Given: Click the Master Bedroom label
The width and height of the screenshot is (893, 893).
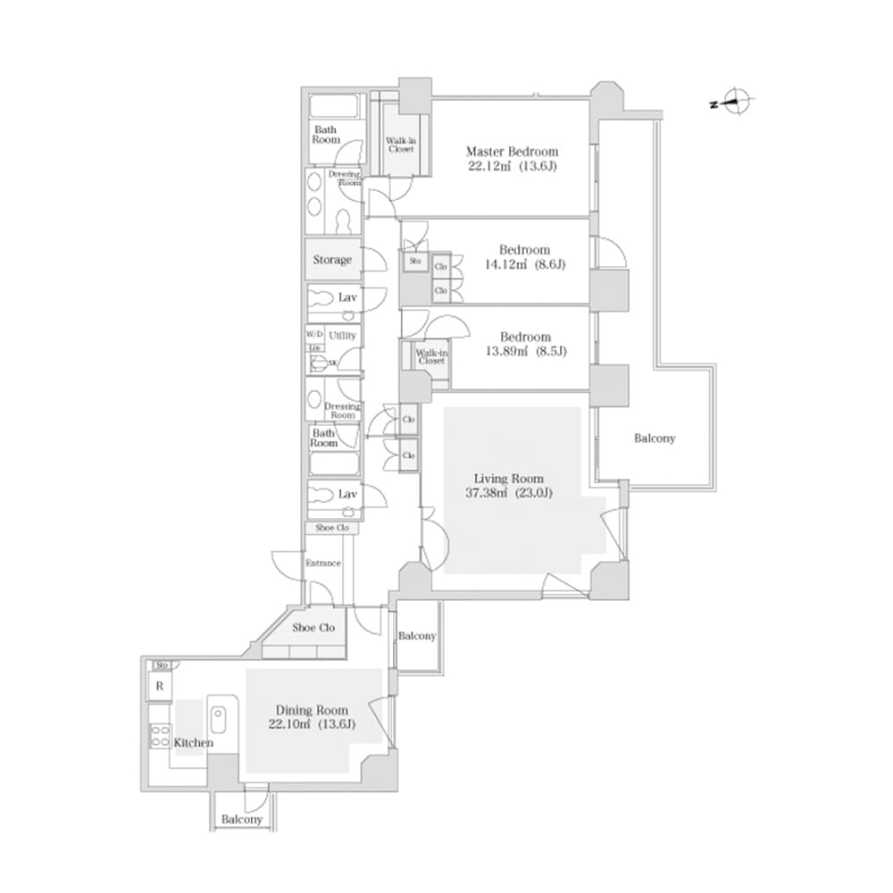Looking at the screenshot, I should [512, 151].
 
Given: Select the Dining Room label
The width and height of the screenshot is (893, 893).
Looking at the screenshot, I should [312, 710].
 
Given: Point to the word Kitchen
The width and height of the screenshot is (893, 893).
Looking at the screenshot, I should [195, 742].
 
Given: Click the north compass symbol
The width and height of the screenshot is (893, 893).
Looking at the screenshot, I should [738, 103].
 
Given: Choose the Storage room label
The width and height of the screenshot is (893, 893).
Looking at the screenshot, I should [331, 260].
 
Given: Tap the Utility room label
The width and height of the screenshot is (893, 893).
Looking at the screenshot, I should [342, 335].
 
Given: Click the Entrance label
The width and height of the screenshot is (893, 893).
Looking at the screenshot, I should [323, 563].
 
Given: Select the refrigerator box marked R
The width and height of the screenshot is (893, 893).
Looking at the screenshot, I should [159, 687].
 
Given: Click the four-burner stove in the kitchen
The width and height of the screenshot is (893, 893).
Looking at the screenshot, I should [160, 737].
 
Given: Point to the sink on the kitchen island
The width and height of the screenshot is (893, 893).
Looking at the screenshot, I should [219, 717].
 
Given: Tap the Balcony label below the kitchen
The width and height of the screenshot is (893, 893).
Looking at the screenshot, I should [242, 819].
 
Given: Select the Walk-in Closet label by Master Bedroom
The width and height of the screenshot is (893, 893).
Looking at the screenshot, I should [399, 145].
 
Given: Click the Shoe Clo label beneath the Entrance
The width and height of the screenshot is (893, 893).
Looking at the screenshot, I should [314, 628].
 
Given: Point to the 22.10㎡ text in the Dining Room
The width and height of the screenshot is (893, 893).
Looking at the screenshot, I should [286, 724].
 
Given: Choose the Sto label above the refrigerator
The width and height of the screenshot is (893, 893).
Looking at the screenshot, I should [162, 665].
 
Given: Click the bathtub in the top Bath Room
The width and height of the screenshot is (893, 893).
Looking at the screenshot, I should [335, 107].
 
